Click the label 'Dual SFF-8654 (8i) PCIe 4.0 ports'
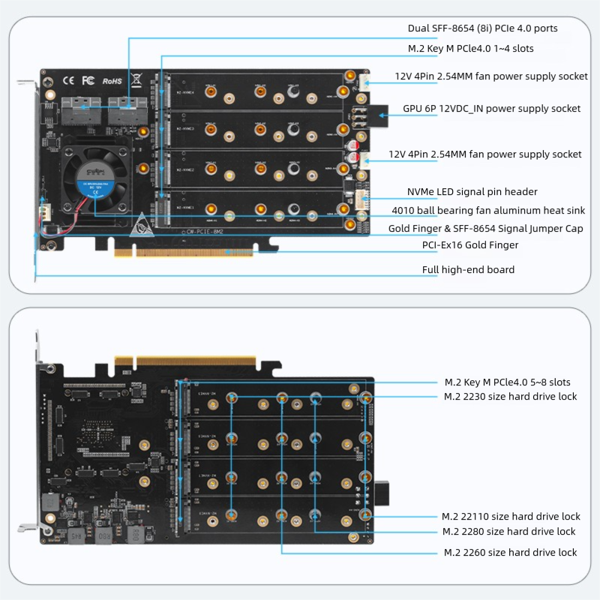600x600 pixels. click(482, 28)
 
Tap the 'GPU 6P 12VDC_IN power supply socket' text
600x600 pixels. click(491, 109)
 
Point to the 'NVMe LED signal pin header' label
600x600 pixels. click(472, 192)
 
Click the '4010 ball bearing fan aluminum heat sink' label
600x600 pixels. click(488, 211)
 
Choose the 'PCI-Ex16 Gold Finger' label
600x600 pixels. click(470, 245)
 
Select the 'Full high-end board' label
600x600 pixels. click(468, 270)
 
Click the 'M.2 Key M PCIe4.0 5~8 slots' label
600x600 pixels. click(507, 382)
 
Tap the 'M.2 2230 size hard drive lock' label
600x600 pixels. click(510, 397)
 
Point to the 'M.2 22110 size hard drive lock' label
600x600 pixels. click(510, 517)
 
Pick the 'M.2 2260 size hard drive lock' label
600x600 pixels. click(510, 553)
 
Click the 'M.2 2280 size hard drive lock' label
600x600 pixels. click(508, 532)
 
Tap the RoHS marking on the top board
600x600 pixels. click(111, 80)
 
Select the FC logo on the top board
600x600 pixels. click(87, 80)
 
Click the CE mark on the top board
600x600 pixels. click(67, 80)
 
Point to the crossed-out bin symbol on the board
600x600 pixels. click(136, 79)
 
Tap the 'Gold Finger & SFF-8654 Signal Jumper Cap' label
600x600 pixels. click(485, 228)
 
